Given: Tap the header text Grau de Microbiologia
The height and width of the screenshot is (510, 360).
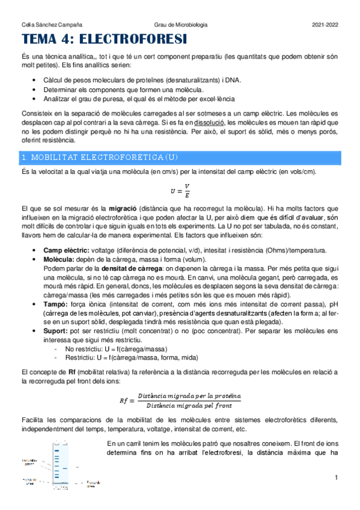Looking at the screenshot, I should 180,25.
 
